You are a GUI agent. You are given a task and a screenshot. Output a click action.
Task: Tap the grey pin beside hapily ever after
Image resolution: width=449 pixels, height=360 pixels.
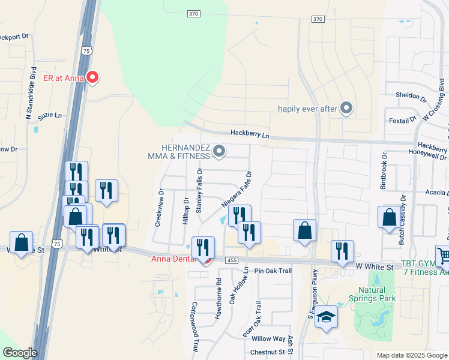coord(346,108)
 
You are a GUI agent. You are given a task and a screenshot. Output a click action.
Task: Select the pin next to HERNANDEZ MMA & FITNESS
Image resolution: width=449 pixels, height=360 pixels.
coord(219,151)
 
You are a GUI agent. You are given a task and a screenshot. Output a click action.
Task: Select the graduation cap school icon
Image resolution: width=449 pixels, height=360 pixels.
coord(327,317)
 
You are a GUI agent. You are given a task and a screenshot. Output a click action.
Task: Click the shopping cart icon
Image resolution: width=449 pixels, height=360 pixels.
coord(443,256)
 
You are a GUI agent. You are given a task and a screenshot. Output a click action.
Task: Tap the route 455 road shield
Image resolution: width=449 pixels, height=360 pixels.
coord(232,260)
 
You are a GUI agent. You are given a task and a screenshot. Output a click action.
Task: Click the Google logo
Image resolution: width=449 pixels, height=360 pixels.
coord(20,353)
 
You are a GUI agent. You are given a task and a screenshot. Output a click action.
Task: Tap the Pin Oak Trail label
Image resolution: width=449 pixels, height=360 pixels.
coord(273,271)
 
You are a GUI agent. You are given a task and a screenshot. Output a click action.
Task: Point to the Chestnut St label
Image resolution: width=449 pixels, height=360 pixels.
coord(267,352)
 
